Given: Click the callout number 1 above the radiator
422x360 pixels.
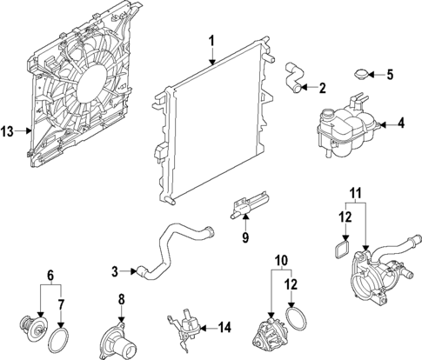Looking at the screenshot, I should pyautogui.click(x=211, y=41).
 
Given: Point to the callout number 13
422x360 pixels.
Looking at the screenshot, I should pyautogui.click(x=8, y=131).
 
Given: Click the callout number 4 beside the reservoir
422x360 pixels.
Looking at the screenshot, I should pyautogui.click(x=401, y=123).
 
